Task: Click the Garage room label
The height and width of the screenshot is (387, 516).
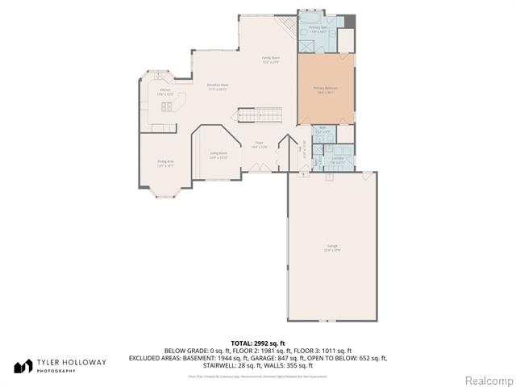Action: click(332, 247)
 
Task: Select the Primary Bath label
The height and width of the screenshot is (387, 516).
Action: click(318, 29)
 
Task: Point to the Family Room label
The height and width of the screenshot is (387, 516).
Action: click(269, 60)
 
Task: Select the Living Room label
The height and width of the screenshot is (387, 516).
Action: click(218, 155)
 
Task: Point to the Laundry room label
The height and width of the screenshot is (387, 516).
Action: click(337, 159)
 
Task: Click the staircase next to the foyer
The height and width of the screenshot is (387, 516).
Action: click(258, 115)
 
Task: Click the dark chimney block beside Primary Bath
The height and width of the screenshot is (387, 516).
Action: click(350, 19)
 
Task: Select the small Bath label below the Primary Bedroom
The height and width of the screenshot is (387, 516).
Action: click(322, 129)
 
